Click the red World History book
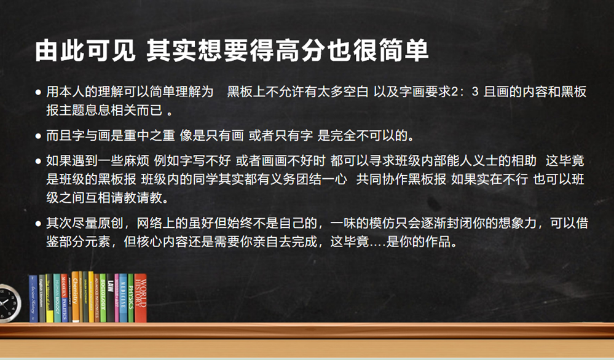click(141, 299)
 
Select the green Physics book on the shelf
click(130, 299)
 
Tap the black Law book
click(111, 299)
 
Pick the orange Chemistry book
click(76, 297)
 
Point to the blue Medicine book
click(122, 299)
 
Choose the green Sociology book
click(103, 299)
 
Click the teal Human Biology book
click(57, 299)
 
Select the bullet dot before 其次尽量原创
click(39, 222)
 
